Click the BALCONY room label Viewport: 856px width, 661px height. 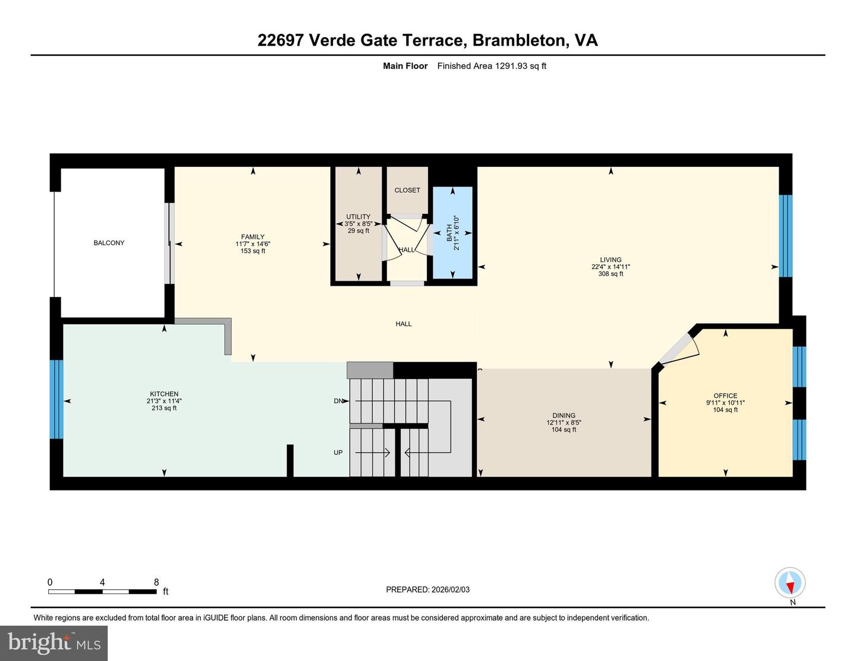(x=109, y=243)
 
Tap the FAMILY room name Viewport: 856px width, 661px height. (x=253, y=237)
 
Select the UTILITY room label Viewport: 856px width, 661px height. (x=358, y=217)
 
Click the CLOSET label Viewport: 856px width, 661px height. (x=407, y=190)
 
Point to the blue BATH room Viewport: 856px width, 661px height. (x=453, y=233)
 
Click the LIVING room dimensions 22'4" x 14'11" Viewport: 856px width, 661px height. (x=610, y=267)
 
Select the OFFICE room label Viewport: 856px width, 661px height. (x=725, y=396)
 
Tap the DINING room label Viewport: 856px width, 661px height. (x=564, y=416)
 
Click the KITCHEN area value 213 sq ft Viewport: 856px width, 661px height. (x=164, y=408)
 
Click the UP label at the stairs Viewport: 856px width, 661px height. (x=338, y=453)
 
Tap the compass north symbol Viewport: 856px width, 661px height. (x=790, y=583)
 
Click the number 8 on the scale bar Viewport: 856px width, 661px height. (x=156, y=583)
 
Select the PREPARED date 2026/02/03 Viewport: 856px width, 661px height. (x=427, y=590)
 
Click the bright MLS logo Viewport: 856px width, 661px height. (x=53, y=643)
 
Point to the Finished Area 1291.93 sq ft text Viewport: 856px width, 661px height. (x=492, y=66)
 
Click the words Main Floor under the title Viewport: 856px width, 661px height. (x=405, y=66)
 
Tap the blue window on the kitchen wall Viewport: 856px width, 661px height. (x=56, y=399)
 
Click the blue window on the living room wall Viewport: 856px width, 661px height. (x=785, y=236)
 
